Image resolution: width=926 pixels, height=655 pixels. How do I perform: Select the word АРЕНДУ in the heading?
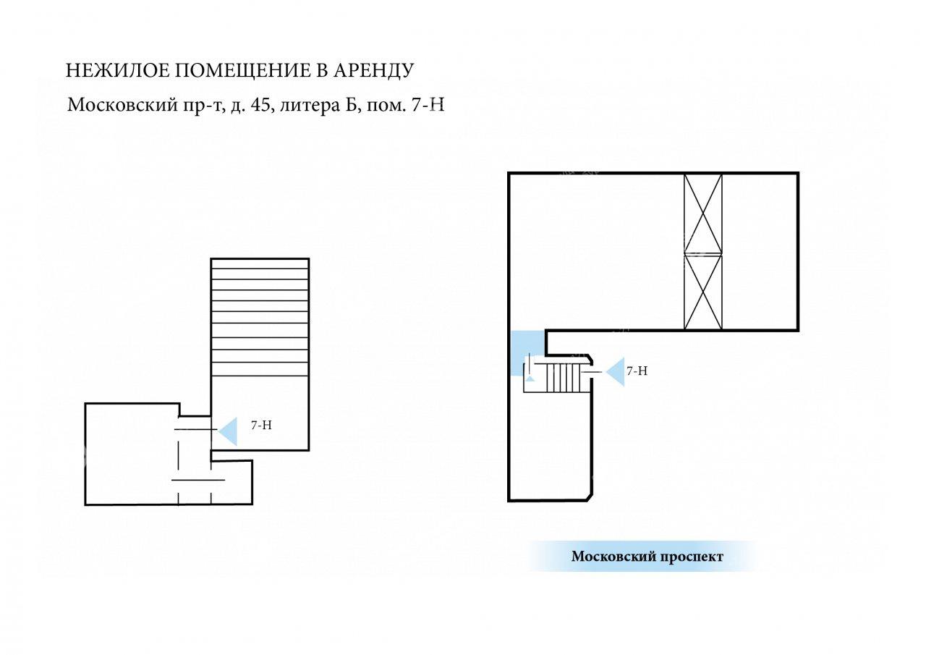click(374, 71)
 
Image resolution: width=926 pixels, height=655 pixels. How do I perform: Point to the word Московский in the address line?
click(122, 105)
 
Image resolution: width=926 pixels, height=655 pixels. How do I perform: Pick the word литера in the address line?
click(308, 106)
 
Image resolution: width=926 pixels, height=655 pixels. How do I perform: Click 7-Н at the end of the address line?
click(428, 105)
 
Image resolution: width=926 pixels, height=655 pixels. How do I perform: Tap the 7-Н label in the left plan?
click(261, 425)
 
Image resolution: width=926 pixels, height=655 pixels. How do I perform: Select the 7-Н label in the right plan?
click(637, 371)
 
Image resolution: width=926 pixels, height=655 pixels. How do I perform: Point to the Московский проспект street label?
click(647, 557)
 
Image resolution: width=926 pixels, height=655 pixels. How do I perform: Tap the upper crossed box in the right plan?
click(703, 214)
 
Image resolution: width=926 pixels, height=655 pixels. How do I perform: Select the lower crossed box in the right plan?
click(703, 292)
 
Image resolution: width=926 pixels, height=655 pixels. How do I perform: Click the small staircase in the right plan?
click(561, 378)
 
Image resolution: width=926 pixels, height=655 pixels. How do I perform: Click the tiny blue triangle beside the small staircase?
click(530, 378)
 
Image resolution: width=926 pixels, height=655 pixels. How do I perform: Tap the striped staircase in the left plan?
click(260, 317)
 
